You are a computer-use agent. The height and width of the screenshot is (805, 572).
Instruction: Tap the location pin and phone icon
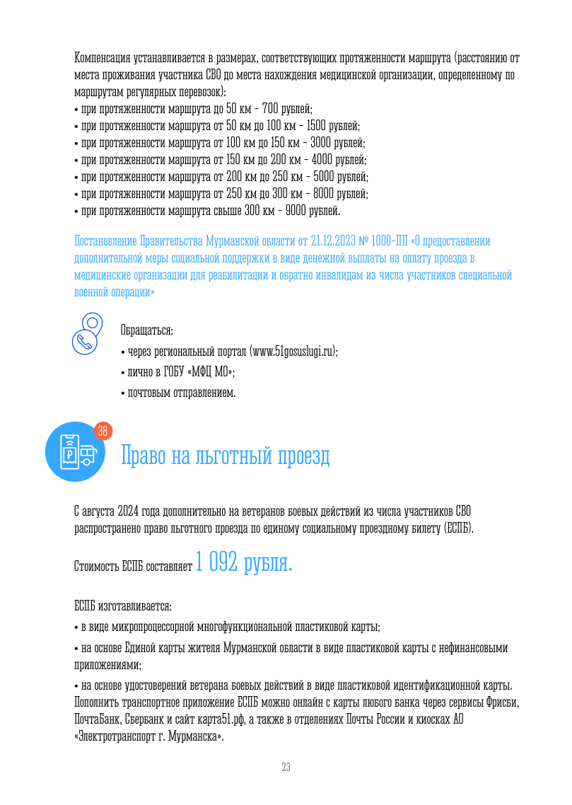coord(88,333)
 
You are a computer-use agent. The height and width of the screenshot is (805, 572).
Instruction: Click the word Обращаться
coord(147,330)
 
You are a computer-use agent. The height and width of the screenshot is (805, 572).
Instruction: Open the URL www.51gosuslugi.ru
coord(292,352)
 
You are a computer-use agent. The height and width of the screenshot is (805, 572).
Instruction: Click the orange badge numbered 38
coord(103,431)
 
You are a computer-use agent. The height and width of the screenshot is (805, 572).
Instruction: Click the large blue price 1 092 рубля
coord(243,563)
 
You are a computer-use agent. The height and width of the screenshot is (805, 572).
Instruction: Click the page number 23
coord(286,768)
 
